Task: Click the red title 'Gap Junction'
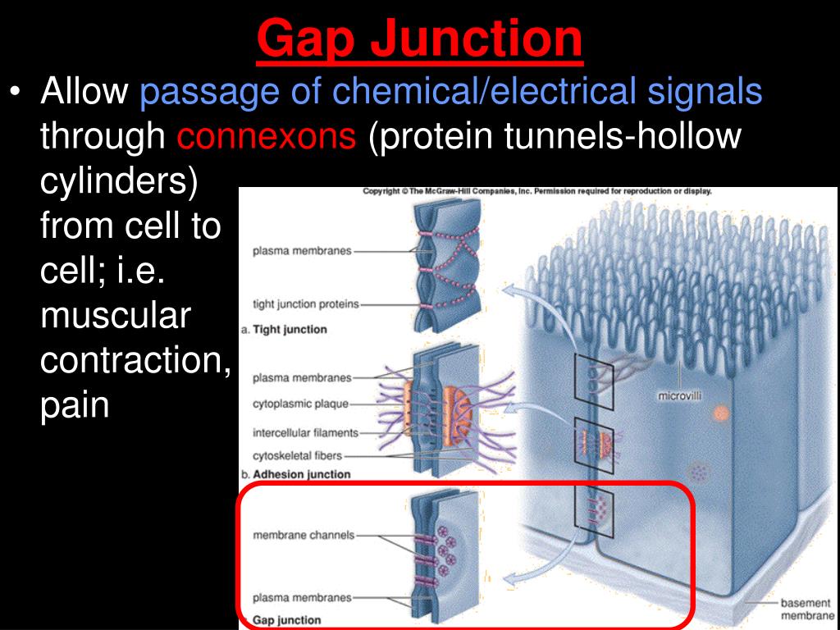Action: coord(419,39)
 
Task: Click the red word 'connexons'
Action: coord(267,136)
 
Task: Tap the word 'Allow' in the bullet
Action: coord(84,92)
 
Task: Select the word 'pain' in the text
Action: coord(75,405)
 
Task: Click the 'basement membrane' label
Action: coord(806,609)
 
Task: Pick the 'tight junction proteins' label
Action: coord(306,304)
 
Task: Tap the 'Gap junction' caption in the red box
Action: coord(286,619)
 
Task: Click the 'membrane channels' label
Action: coord(304,535)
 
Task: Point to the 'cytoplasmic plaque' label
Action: coord(301,404)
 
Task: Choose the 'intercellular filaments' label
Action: coord(306,432)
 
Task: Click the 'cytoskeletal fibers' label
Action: coord(298,455)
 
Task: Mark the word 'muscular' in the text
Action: coord(115,316)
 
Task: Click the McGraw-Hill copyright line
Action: coord(537,191)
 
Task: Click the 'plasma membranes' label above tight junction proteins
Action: coord(302,251)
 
